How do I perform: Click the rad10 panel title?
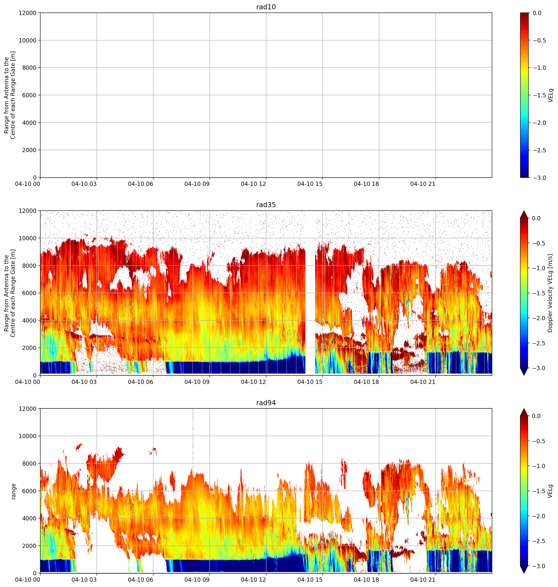coord(266,7)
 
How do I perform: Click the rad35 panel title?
coord(266,205)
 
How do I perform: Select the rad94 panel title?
coord(266,403)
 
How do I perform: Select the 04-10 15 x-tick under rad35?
coord(310,382)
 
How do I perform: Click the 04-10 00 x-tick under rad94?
coord(28,580)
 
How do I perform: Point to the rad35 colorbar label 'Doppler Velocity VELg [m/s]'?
coord(550,293)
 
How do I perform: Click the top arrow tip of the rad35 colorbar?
coord(524,211)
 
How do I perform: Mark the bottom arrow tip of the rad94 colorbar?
coord(524,573)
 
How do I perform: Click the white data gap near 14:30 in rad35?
coord(310,293)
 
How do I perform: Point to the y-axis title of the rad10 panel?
coord(10,95)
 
